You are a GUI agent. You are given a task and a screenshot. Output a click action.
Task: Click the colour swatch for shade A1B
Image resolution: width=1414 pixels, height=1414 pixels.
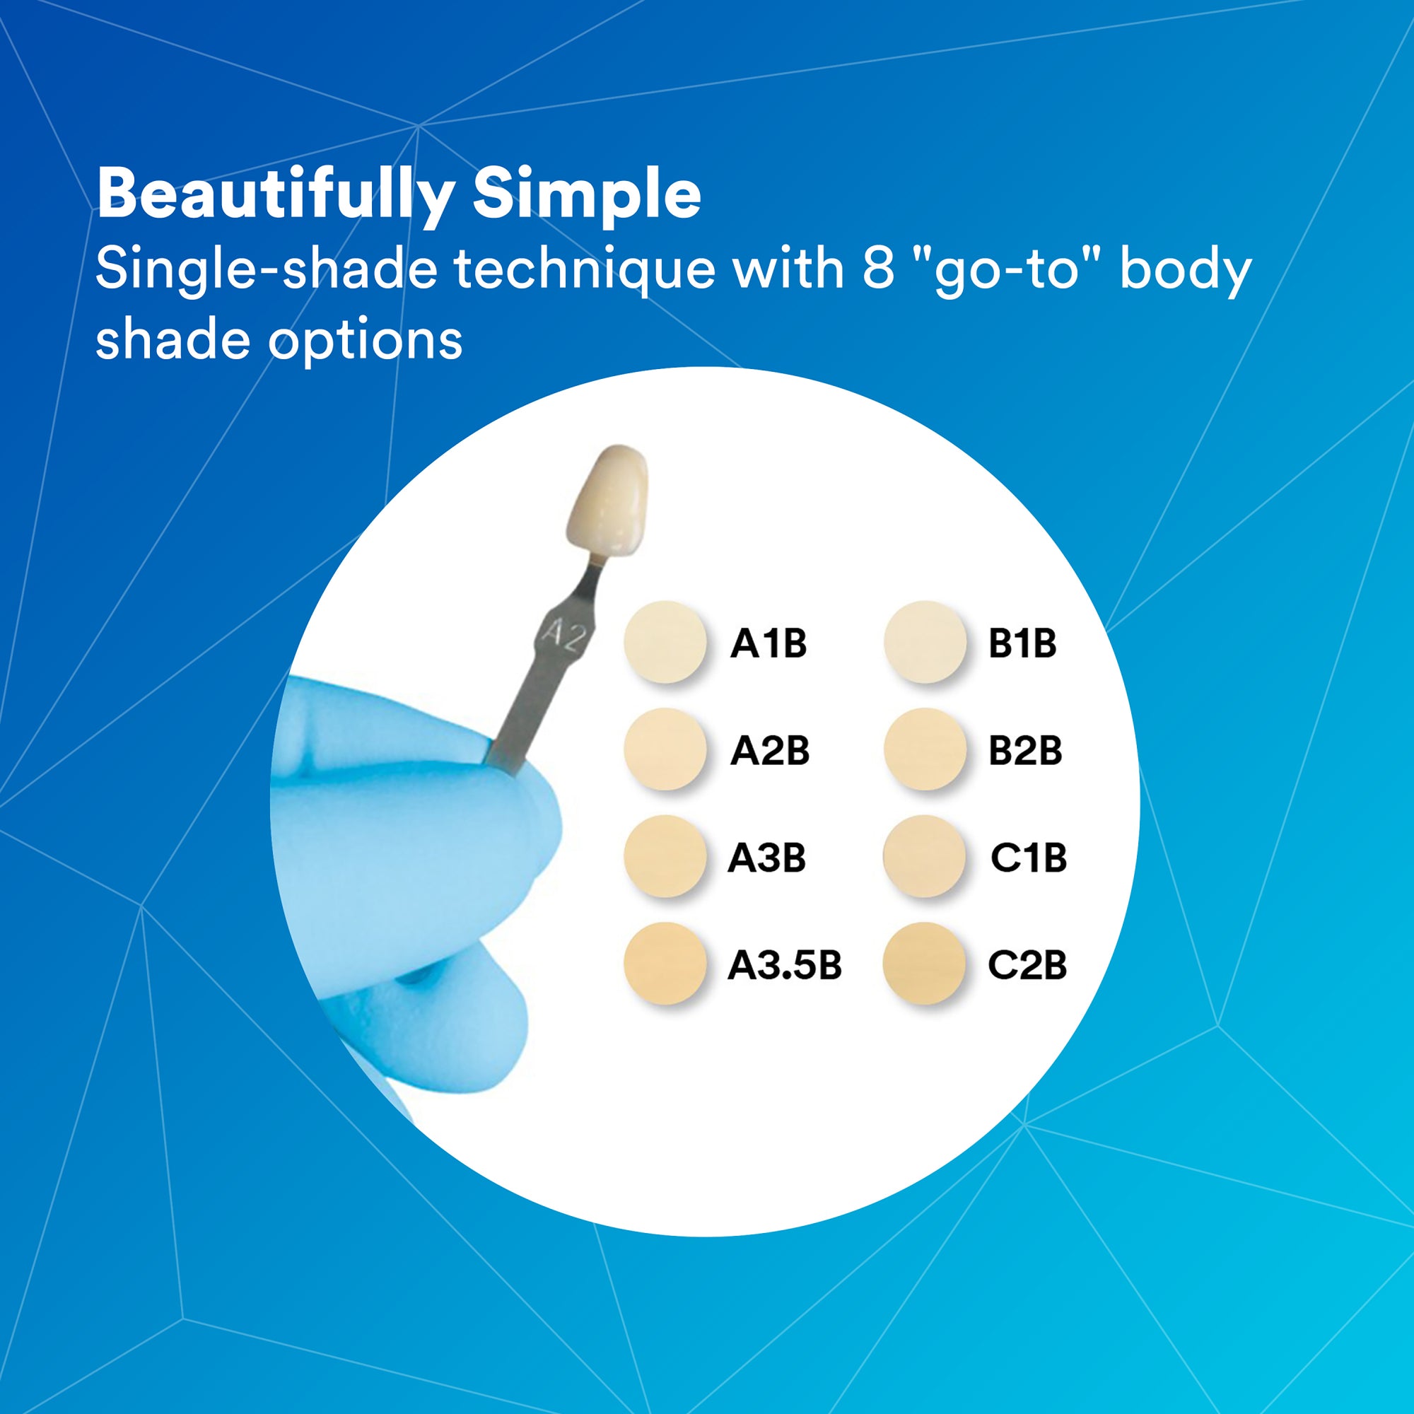[665, 642]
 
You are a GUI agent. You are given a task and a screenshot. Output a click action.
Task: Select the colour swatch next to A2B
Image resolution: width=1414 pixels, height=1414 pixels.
[665, 749]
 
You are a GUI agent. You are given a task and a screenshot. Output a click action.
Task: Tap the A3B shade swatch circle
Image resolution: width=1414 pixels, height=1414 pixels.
[665, 856]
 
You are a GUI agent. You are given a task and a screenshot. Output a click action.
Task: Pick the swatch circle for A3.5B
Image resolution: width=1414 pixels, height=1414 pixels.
[665, 963]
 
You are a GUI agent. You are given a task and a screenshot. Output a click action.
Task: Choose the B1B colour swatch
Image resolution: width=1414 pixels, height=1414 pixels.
[925, 642]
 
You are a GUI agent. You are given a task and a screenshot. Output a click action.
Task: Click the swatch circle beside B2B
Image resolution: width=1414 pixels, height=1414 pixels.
[925, 749]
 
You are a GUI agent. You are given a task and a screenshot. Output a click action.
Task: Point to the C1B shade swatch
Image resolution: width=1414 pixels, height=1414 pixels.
[925, 856]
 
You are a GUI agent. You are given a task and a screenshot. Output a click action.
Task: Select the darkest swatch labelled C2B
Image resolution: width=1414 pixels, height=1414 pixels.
[925, 963]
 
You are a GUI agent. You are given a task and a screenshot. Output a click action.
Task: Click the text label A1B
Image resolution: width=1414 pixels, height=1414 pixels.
[769, 644]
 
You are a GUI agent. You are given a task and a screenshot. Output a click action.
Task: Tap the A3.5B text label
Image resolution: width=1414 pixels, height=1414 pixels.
[785, 965]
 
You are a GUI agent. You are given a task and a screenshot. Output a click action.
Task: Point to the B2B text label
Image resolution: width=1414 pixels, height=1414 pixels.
[1024, 751]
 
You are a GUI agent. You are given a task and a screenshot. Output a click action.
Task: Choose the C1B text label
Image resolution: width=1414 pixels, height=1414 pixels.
[1028, 858]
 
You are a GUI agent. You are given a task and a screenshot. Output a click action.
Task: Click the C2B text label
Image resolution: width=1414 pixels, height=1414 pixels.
[1027, 965]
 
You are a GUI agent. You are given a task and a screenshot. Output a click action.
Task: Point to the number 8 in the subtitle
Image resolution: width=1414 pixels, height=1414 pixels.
[879, 268]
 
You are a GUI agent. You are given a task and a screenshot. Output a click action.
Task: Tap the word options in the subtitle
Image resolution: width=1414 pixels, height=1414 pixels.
[365, 341]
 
